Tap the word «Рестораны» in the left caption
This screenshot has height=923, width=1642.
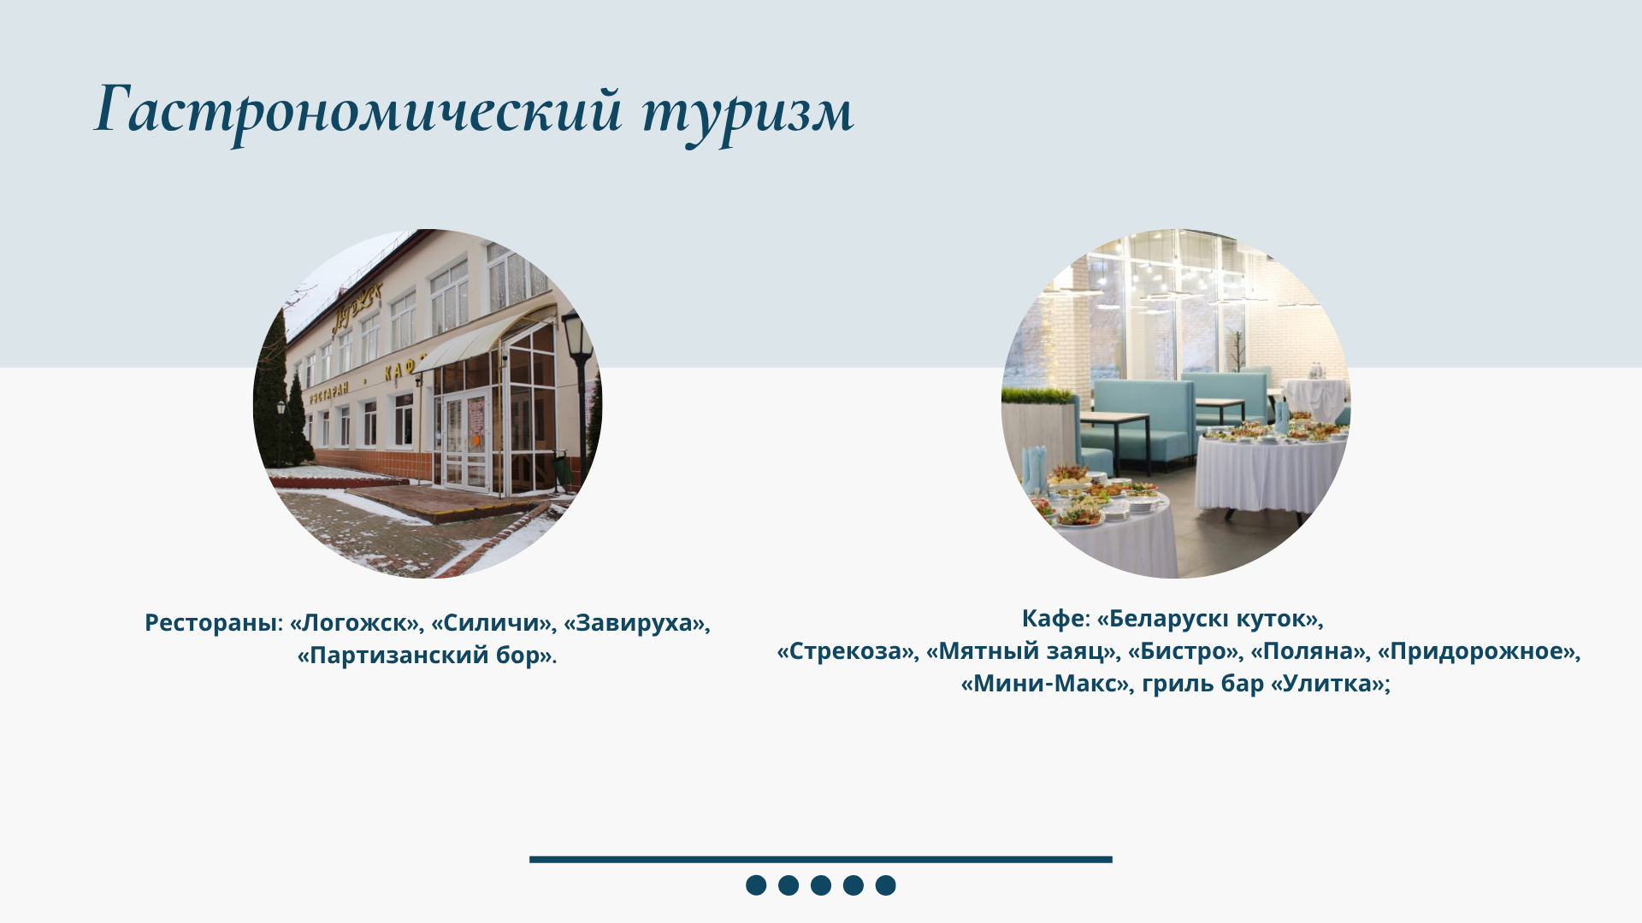click(x=211, y=624)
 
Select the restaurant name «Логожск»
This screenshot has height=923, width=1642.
click(x=357, y=623)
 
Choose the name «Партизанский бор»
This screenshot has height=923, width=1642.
click(x=425, y=656)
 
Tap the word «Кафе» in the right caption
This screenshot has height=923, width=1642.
click(x=1053, y=619)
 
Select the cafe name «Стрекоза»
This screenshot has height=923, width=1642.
click(x=845, y=651)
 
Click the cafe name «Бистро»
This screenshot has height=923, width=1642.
click(x=1183, y=651)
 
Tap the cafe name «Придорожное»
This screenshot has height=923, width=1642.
click(x=1476, y=651)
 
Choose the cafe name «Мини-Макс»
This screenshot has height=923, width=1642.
click(x=1045, y=684)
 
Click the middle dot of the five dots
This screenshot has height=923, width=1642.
click(x=821, y=885)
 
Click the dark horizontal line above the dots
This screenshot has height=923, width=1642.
click(x=821, y=860)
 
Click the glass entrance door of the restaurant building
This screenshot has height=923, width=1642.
click(x=466, y=441)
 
